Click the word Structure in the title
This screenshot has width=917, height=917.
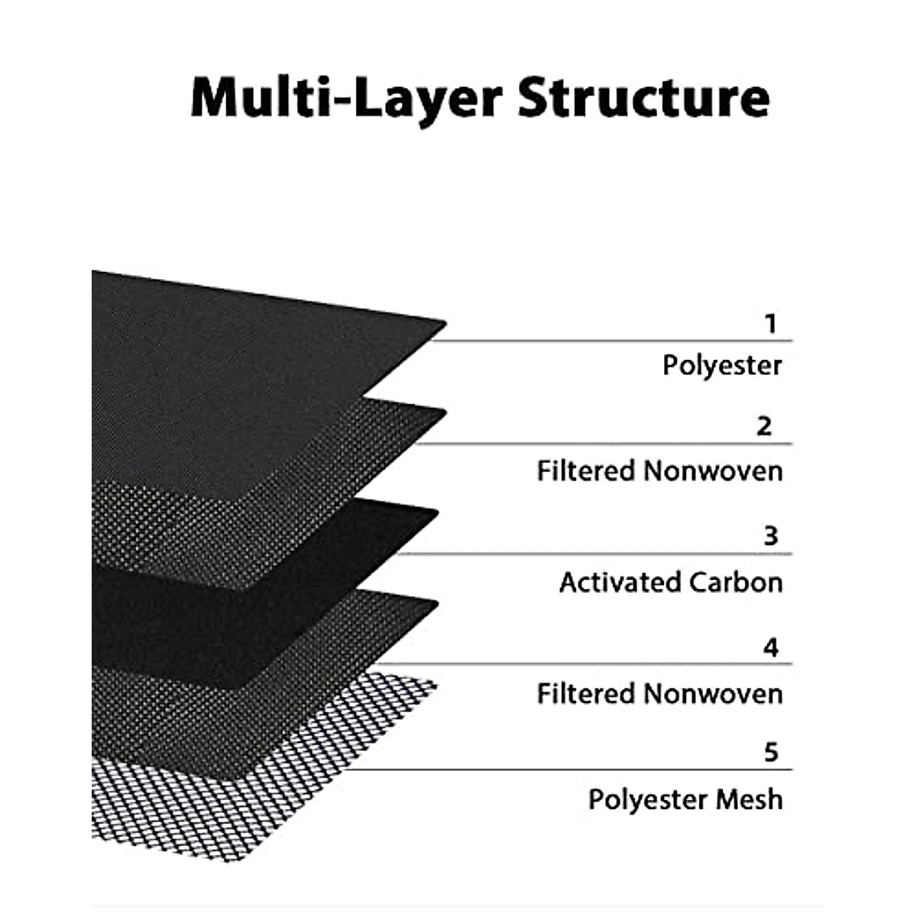coord(643,99)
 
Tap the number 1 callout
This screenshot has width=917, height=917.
coord(770,324)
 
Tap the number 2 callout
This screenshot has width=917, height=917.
coord(764,426)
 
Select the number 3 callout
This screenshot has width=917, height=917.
coord(770,536)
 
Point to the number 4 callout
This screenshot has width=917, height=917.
coord(770,648)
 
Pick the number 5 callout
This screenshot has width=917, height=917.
coord(770,753)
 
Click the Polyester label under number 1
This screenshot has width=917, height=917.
coord(722,365)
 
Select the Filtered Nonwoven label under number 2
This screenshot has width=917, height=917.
coord(659,471)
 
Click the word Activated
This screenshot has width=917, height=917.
coord(619,582)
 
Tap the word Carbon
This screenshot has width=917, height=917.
coord(735,582)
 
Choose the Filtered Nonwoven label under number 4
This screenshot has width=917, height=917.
coord(659,694)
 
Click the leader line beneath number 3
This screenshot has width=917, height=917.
coord(596,554)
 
